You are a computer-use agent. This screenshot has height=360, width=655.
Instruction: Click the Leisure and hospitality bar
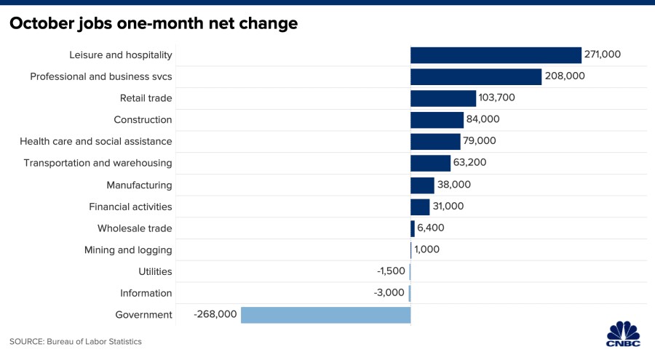[496, 55]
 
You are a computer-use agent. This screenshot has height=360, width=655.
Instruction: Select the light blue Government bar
[326, 315]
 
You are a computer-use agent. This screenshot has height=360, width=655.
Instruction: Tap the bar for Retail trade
[443, 99]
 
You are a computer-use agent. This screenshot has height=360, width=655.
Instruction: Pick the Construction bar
[437, 120]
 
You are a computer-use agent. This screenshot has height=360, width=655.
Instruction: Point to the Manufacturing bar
[422, 185]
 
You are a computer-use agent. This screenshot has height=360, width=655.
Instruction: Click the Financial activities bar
[420, 207]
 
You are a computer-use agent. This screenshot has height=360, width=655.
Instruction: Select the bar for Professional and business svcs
[476, 77]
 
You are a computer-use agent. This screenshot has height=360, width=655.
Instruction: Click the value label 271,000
[603, 55]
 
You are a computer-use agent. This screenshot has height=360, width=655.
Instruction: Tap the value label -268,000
[215, 314]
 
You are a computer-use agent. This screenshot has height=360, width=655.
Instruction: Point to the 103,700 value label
[496, 97]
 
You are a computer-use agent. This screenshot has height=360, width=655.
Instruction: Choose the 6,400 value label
[431, 228]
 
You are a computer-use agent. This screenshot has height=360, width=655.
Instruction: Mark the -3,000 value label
[389, 292]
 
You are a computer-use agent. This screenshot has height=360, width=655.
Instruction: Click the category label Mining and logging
[128, 250]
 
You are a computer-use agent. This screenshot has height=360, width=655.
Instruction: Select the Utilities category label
[156, 271]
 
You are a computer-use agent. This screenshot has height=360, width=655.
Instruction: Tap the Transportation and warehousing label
[98, 164]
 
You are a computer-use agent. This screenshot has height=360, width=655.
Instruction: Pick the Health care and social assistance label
[95, 141]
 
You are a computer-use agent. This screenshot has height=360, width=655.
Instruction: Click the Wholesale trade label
[135, 228]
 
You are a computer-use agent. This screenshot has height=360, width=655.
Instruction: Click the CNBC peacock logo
[623, 334]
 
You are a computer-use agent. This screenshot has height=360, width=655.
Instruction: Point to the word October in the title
[41, 23]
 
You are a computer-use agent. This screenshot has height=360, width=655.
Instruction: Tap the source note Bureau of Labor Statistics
[94, 342]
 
